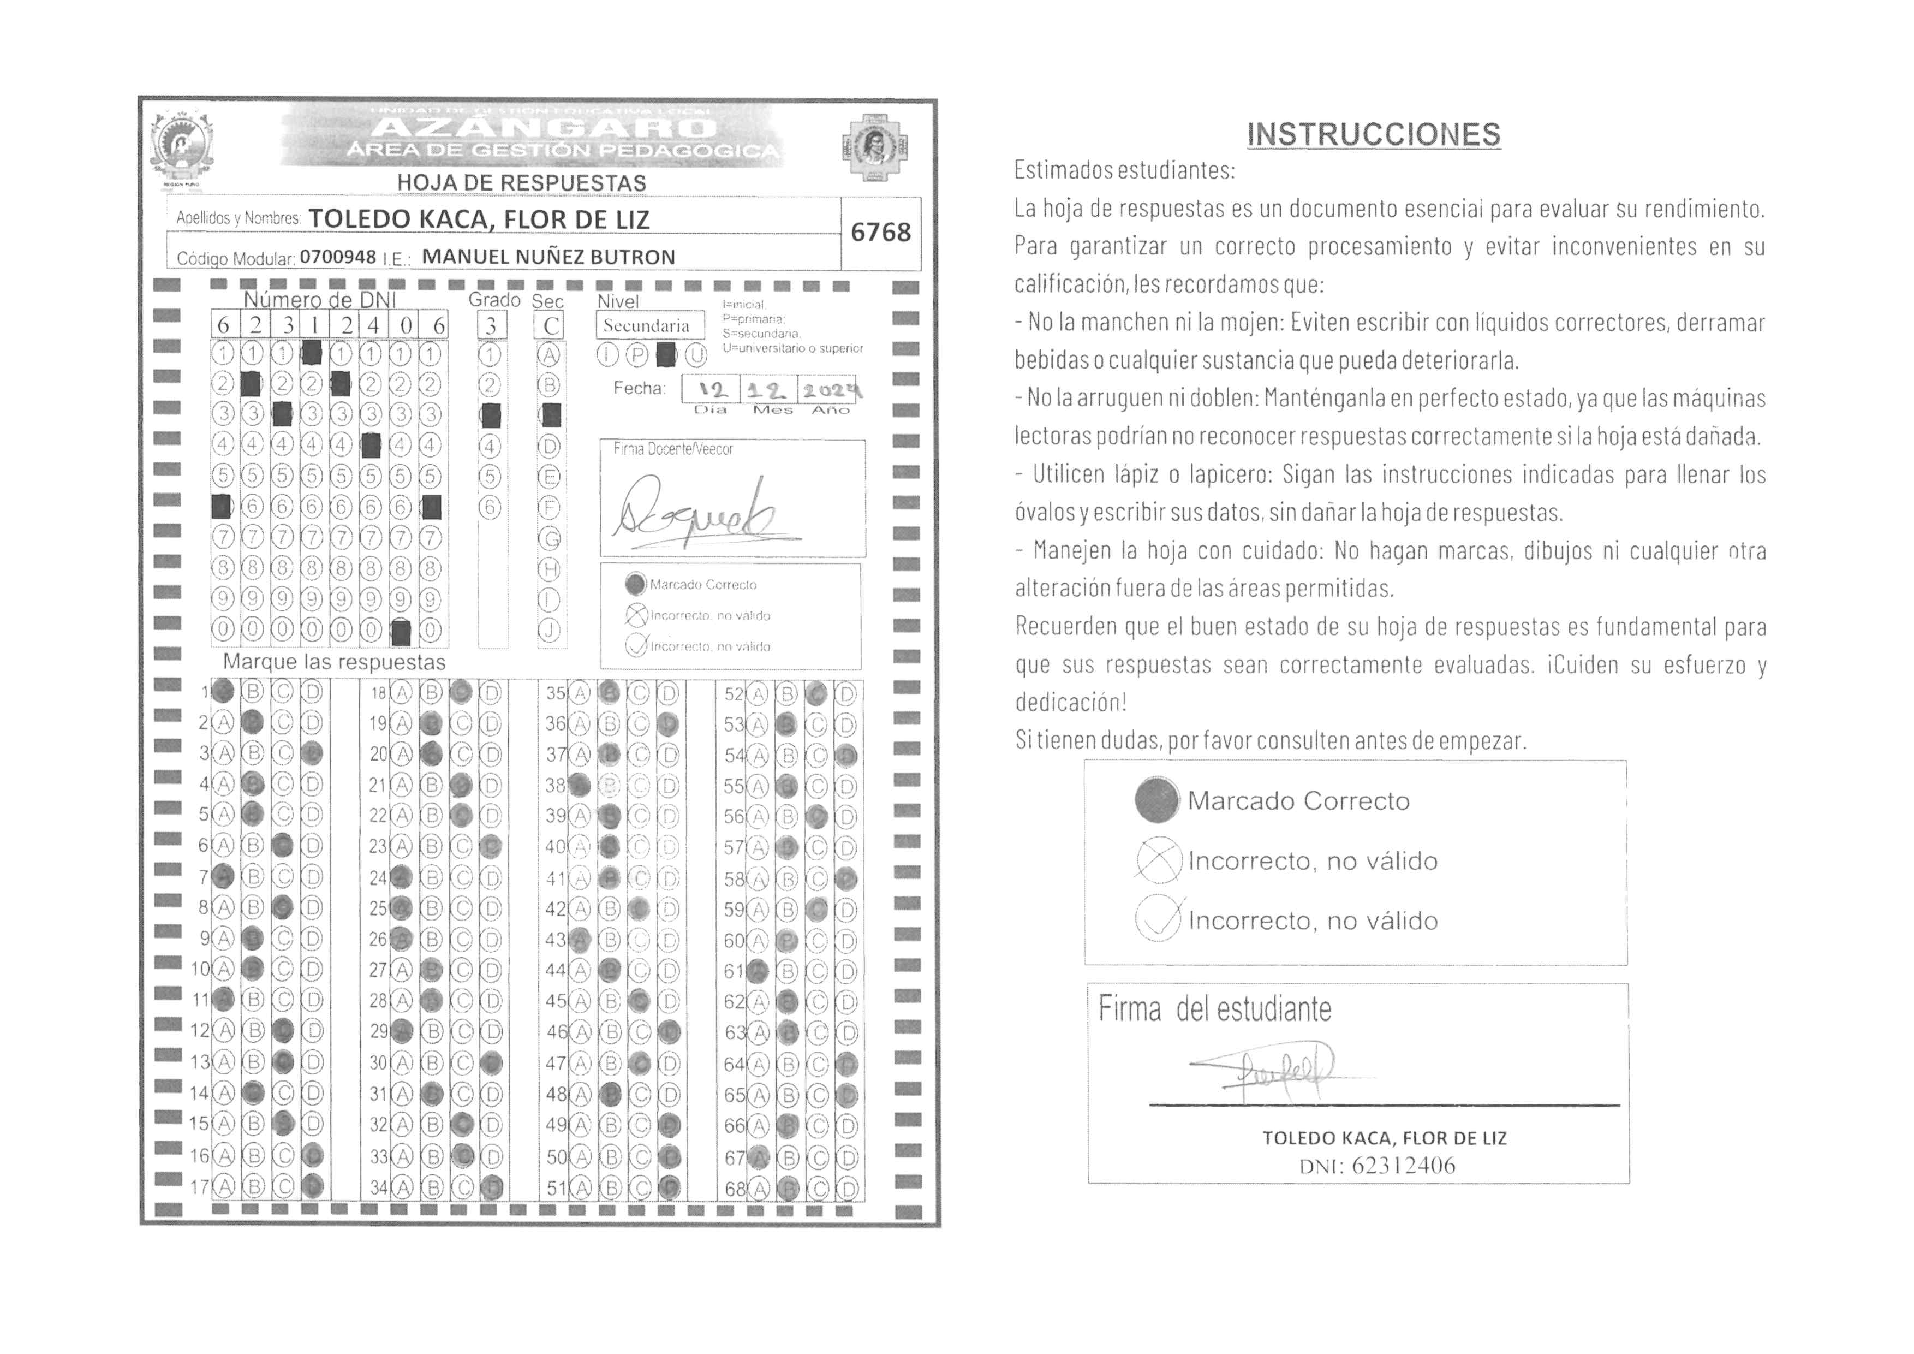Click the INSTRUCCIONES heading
pyautogui.click(x=1373, y=134)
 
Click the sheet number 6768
pyautogui.click(x=880, y=232)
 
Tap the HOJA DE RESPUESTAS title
pyautogui.click(x=521, y=182)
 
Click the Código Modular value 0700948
pyautogui.click(x=338, y=257)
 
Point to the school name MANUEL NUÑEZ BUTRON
pyautogui.click(x=548, y=257)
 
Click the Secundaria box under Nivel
pyautogui.click(x=646, y=325)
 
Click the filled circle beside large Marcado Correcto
pyautogui.click(x=1157, y=800)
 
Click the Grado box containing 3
pyautogui.click(x=491, y=325)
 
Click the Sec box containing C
pyautogui.click(x=550, y=325)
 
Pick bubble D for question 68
pyautogui.click(x=846, y=1188)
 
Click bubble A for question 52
pyautogui.click(x=757, y=694)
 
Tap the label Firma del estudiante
pyautogui.click(x=1214, y=1009)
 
